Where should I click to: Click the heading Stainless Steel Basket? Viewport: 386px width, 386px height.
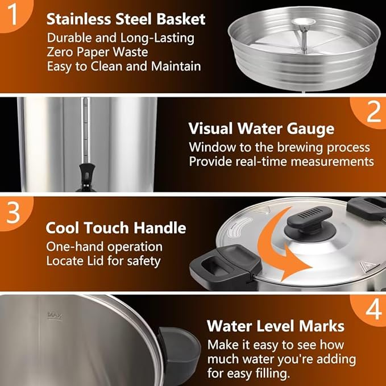126,19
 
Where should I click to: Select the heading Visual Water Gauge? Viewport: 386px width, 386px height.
261,128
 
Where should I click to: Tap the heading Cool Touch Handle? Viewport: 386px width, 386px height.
116,228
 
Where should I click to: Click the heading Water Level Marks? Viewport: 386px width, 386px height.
275,326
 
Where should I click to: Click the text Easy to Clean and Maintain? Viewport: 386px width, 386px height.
123,66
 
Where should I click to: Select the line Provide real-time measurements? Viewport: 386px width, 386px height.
281,161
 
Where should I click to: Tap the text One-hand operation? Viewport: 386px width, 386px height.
104,247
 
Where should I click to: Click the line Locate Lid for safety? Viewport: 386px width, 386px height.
103,262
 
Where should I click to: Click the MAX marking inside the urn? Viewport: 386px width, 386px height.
55,314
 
